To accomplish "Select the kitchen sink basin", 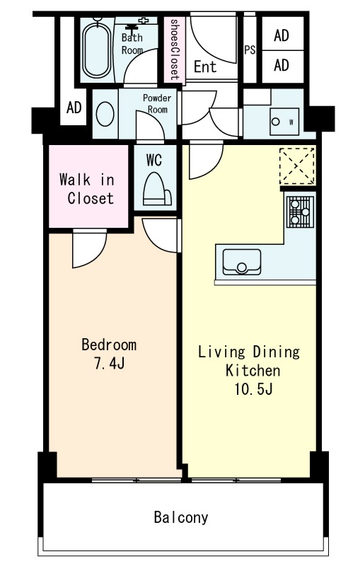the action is pos(242,262).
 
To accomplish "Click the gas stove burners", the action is pos(300,212).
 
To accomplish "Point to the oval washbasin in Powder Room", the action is pos(105,114).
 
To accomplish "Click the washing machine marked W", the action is pos(284,122).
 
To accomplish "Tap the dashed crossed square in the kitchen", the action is pos(297,167).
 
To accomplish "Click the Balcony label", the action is pos(181,517).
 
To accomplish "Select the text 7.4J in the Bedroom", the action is pos(110,364).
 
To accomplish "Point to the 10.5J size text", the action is pos(253,389).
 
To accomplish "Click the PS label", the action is pos(250,50).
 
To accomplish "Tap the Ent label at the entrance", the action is pos(205,67).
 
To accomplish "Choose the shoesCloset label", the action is pos(175,50).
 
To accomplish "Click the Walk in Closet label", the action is pos(87,189).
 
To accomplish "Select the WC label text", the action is pos(154,161).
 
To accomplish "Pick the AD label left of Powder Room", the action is pos(74,108).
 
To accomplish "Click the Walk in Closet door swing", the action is pos(89,249).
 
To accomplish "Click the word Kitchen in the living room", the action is pos(253,370).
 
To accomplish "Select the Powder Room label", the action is pos(157,103).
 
